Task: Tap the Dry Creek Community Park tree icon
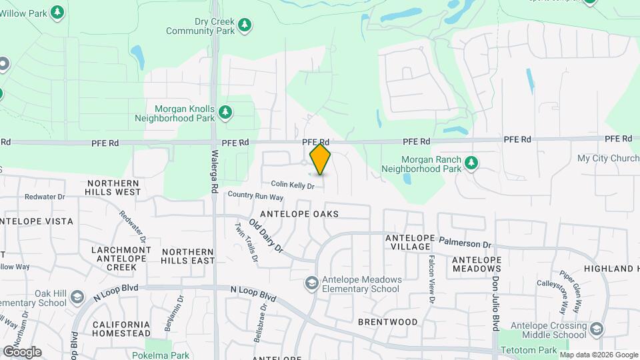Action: point(245,25)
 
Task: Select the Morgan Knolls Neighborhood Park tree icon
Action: point(225,111)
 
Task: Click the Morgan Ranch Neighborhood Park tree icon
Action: point(471,162)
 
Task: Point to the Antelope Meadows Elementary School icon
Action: point(311,284)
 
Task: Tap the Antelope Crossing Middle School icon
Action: point(596,329)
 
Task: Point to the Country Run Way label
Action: point(255,197)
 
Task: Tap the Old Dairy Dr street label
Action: point(266,236)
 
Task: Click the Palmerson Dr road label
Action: point(464,242)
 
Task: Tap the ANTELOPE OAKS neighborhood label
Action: point(299,214)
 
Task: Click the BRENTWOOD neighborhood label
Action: point(387,321)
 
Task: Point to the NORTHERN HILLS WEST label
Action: point(113,187)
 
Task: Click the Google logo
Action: point(22,351)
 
